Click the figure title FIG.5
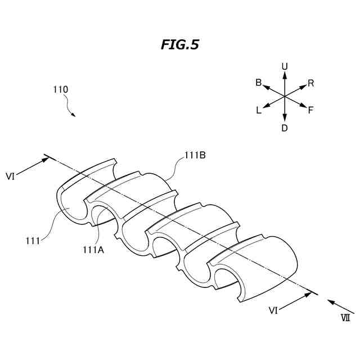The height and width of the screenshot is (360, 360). [x=179, y=45]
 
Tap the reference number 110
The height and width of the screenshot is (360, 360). [x=61, y=89]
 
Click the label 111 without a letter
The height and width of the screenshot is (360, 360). [x=33, y=241]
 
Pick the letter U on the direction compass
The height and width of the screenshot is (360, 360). [x=285, y=67]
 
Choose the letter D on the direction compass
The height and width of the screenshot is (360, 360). [x=285, y=128]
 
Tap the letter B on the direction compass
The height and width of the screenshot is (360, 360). [x=259, y=83]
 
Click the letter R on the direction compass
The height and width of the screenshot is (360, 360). [x=311, y=83]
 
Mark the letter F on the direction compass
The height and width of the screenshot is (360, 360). [x=310, y=110]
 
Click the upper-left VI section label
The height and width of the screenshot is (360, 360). [x=10, y=176]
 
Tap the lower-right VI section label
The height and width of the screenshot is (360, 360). [x=272, y=310]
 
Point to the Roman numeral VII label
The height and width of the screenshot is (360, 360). [x=345, y=318]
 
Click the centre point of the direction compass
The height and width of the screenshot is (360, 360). [x=285, y=97]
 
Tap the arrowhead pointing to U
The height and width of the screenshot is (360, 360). [x=285, y=74]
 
